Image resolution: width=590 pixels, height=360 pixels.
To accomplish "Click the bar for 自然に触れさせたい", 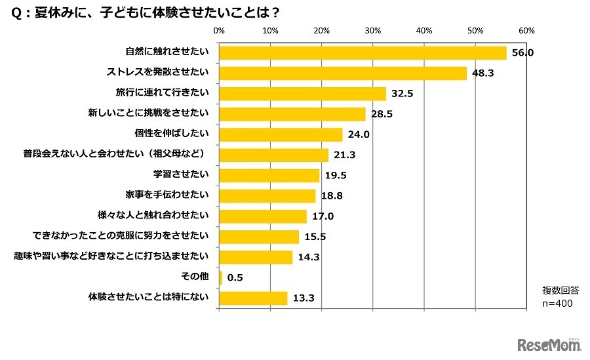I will coord(363,53).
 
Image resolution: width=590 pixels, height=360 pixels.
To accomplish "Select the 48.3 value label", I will coord(484,73).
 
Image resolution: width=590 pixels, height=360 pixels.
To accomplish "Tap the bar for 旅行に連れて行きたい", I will coord(302,94).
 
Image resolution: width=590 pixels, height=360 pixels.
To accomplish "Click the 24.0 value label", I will coord(359,134).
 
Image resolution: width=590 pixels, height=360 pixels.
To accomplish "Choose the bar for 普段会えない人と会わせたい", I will coord(273,155).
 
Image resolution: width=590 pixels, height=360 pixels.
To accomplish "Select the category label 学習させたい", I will coord(180,175).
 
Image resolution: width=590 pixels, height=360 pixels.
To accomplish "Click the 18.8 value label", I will coord(332,195).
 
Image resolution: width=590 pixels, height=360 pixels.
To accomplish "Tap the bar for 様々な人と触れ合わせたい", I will coord(262,216).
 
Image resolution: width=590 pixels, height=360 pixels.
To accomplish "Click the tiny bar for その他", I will coord(220,277).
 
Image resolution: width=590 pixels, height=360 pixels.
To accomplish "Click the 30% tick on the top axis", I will coord(372,31).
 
